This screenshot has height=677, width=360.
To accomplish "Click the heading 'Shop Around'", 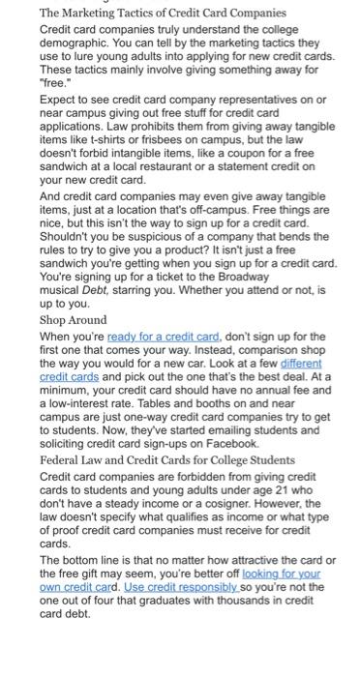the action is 73,320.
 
